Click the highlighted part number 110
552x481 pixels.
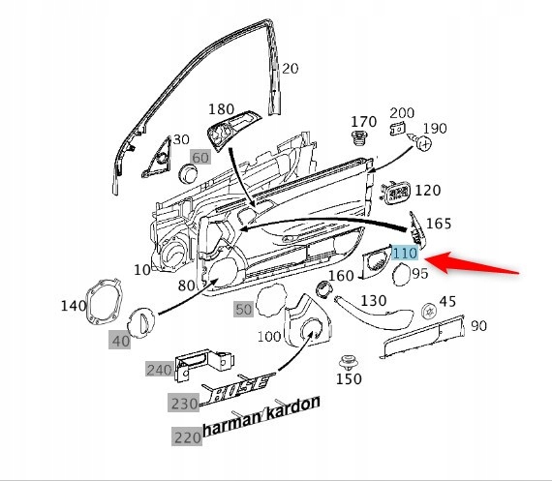[x=404, y=253]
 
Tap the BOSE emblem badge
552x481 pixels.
[x=237, y=389]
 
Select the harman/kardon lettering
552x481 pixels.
[x=261, y=419]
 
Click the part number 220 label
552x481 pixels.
[x=187, y=436]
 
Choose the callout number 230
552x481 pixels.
[x=185, y=404]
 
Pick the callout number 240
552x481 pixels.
[x=158, y=370]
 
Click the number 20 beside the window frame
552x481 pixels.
[x=291, y=68]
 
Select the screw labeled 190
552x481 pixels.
[x=423, y=142]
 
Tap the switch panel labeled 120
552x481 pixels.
[x=396, y=192]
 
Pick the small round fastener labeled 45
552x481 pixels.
[x=426, y=311]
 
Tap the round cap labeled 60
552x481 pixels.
[x=190, y=173]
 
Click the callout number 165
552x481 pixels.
[x=438, y=224]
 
